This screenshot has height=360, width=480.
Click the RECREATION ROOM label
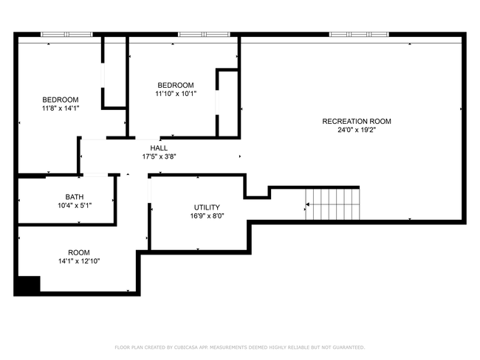[356, 121]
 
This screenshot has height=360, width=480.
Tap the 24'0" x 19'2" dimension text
[356, 130]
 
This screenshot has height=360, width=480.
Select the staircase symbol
[333, 204]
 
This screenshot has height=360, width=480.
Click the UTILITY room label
[207, 207]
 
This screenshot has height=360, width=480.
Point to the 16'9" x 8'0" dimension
[207, 216]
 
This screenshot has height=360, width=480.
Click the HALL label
[159, 148]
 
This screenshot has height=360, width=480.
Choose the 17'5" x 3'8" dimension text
[159, 156]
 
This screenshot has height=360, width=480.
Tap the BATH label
[75, 197]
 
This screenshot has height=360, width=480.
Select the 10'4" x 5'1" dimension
[75, 206]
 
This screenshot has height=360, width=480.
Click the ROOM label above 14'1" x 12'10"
[79, 252]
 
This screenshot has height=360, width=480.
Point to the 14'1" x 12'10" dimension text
[79, 260]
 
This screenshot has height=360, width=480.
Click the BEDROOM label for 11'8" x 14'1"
[60, 100]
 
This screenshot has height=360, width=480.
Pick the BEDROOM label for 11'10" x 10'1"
[175, 85]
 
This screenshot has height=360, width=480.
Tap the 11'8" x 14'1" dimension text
[60, 108]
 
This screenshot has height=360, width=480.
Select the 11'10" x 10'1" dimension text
[175, 94]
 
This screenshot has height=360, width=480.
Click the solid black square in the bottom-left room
[28, 285]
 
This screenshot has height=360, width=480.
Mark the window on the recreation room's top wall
[359, 34]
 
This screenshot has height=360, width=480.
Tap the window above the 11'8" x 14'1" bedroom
[66, 34]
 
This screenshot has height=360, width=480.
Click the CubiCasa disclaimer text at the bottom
[239, 347]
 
